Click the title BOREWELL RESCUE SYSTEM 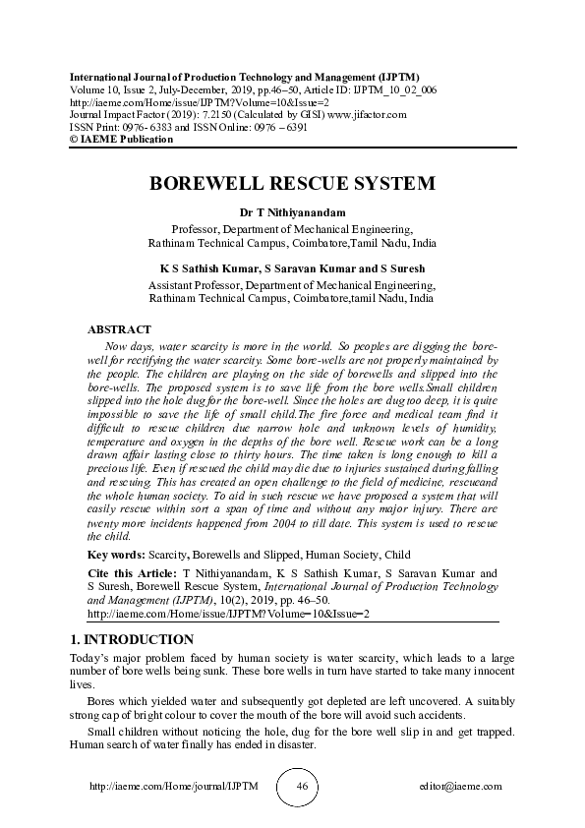pyautogui.click(x=292, y=184)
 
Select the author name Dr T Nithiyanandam pyautogui.click(x=292, y=212)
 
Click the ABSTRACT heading pyautogui.click(x=119, y=329)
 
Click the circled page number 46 pyautogui.click(x=302, y=787)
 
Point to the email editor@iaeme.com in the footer pyautogui.click(x=460, y=787)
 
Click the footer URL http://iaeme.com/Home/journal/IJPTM pyautogui.click(x=161, y=787)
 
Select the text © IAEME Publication pyautogui.click(x=121, y=140)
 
